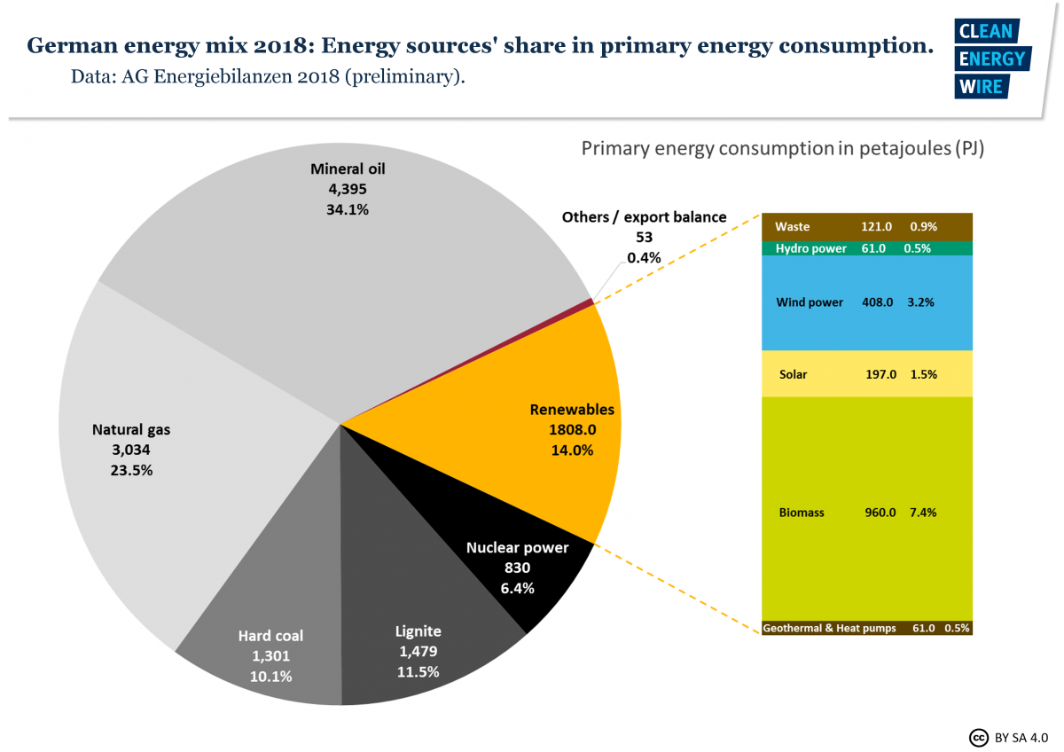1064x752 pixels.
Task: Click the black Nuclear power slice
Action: point(523,568)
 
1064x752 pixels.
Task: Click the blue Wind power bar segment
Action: point(867,302)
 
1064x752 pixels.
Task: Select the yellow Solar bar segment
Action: point(867,374)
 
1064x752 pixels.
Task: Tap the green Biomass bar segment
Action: point(867,512)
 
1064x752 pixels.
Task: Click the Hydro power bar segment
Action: point(867,248)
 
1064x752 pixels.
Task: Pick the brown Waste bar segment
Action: point(867,226)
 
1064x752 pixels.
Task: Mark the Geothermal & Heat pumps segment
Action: point(867,628)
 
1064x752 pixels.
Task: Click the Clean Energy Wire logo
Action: point(990,59)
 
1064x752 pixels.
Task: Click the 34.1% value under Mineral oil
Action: point(348,210)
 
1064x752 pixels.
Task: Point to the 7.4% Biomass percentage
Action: point(922,513)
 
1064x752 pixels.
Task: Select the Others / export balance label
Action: point(644,217)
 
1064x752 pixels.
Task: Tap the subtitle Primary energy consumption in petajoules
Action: point(783,148)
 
